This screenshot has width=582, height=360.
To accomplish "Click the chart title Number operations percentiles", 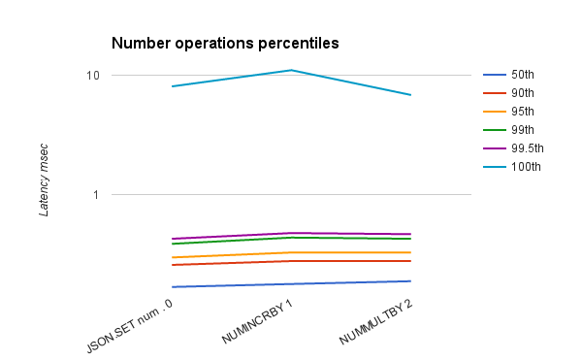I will [224, 44].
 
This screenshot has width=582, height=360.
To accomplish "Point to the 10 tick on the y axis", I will [93, 76].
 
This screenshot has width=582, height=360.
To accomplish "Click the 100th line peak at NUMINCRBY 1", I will [291, 70].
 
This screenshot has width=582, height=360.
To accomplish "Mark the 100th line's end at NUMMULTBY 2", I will [410, 95].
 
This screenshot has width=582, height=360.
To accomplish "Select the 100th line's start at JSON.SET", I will [172, 86].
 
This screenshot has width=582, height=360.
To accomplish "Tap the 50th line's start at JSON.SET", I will [172, 287].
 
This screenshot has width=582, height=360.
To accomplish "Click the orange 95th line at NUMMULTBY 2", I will [410, 252].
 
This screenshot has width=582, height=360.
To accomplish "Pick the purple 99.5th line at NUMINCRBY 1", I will [291, 233].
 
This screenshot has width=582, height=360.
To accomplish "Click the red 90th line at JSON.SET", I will [172, 265].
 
